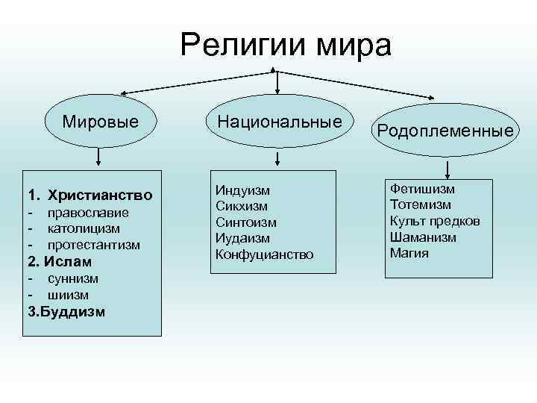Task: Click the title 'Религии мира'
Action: click(x=286, y=46)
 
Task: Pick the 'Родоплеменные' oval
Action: click(x=445, y=131)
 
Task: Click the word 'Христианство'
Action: click(x=100, y=196)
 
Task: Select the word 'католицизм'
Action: click(x=84, y=228)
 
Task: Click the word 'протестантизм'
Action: click(x=93, y=245)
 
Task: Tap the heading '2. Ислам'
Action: click(x=60, y=262)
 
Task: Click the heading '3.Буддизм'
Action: click(x=66, y=311)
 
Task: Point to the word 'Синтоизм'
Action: click(x=246, y=222)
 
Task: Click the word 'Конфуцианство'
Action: click(x=265, y=254)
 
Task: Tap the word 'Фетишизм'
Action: click(x=422, y=189)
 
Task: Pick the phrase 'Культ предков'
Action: click(x=435, y=221)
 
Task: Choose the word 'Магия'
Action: click(x=409, y=253)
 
